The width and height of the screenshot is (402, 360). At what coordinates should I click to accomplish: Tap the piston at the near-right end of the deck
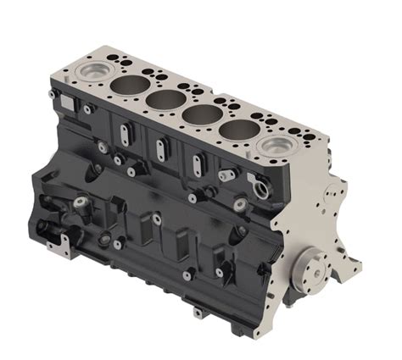(276, 148)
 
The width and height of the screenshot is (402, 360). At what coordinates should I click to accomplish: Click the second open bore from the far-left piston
(168, 99)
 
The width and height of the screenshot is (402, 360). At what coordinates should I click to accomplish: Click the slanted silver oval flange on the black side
(226, 175)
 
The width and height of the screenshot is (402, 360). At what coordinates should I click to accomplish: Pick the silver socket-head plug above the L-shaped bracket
(81, 203)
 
